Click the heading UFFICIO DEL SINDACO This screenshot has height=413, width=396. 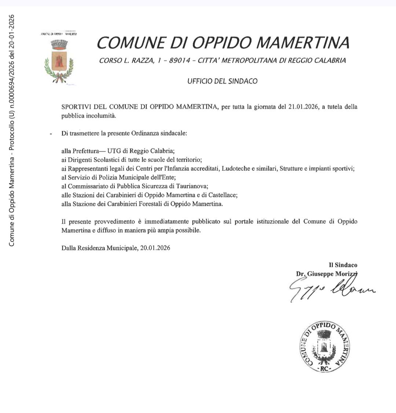(x=222, y=81)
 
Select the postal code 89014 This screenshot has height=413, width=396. (x=180, y=61)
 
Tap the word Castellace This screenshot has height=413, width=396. (x=223, y=195)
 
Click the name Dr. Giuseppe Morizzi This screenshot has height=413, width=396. (x=326, y=274)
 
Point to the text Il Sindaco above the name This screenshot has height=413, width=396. (x=343, y=265)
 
